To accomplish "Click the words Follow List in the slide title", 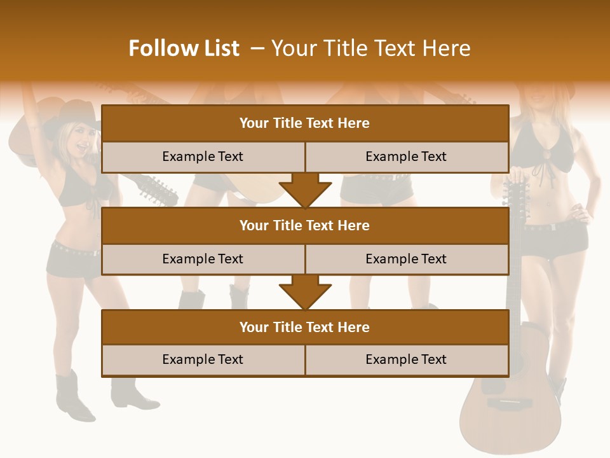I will (184, 48).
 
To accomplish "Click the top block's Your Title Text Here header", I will (304, 123).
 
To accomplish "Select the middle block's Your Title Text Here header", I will (304, 225).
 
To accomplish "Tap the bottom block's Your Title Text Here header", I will (304, 327).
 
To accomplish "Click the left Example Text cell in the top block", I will (203, 156).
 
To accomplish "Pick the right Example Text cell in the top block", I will (406, 156).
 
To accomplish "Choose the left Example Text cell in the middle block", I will (203, 259).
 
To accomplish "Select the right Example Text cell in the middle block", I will (406, 259).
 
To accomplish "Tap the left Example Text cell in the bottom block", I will (203, 359).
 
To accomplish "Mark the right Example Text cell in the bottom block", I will (406, 359).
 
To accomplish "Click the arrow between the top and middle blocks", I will (305, 190).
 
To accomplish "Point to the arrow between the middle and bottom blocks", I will (305, 292).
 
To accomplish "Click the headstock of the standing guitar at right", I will (515, 194).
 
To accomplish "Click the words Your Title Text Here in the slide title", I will (370, 48).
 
